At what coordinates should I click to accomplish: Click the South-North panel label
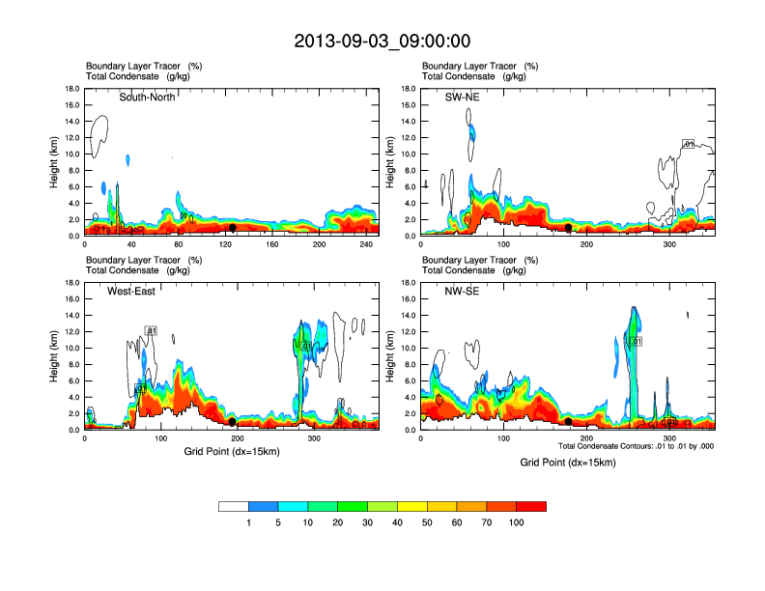[147, 97]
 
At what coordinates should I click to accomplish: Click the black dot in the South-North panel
[233, 228]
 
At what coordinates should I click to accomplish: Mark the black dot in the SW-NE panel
[569, 228]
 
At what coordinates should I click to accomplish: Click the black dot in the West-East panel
[233, 422]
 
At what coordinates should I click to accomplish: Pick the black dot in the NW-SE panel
[569, 422]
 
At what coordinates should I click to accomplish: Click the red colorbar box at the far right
[531, 506]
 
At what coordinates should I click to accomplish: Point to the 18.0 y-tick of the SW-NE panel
[408, 89]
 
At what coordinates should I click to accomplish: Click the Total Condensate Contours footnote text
[636, 446]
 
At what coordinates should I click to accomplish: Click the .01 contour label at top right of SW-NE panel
[689, 144]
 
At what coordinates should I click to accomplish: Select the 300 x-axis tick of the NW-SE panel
[670, 438]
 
